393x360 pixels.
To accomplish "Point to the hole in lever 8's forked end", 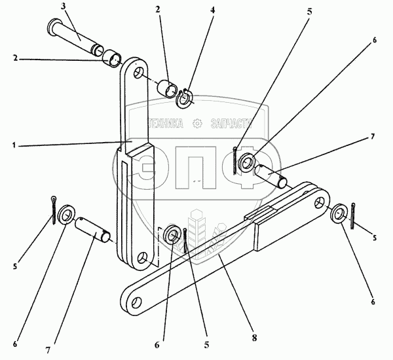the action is (x=320, y=205).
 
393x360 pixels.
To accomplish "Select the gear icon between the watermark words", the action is (x=198, y=123).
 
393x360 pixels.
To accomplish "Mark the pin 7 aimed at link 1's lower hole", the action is (x=95, y=230).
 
